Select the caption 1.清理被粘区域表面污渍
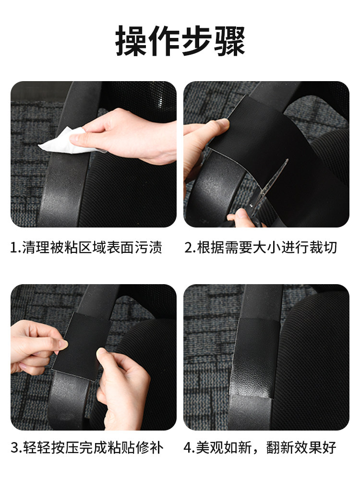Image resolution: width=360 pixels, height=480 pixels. click(x=86, y=248)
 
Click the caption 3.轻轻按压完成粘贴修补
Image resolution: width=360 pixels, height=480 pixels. click(x=86, y=448)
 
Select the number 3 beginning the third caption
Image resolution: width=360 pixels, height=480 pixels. click(x=14, y=448)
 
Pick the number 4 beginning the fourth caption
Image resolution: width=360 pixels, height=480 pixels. click(x=188, y=448)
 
